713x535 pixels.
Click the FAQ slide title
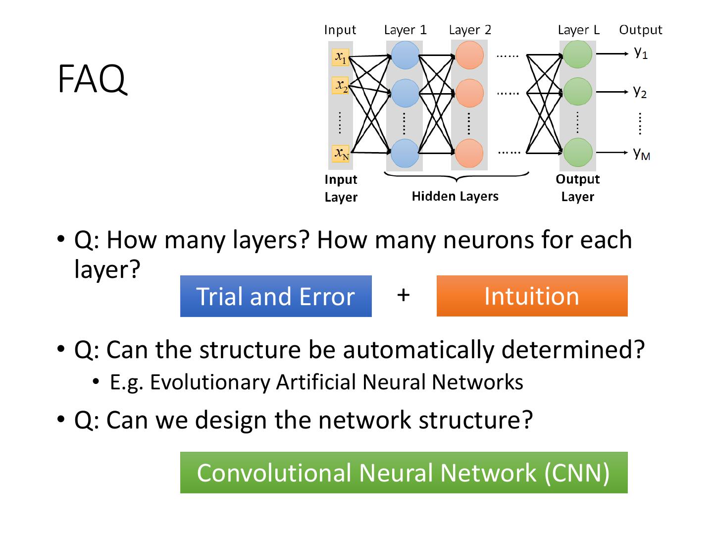click(92, 79)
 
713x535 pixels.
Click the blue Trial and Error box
click(276, 296)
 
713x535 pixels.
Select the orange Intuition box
click(532, 296)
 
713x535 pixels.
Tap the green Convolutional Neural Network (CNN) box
click(404, 473)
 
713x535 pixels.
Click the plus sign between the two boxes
click(404, 295)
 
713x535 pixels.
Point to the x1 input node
click(341, 57)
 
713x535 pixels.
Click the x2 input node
click(341, 86)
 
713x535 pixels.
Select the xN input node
click(341, 153)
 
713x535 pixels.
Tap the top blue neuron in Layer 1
click(405, 54)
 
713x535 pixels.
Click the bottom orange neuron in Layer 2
click(468, 153)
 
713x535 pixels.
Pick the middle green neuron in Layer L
click(578, 92)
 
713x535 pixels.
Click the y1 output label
click(641, 52)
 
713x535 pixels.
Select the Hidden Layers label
click(455, 196)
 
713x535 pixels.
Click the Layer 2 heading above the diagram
click(470, 30)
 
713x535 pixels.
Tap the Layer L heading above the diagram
click(578, 30)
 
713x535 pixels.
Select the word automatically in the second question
click(418, 350)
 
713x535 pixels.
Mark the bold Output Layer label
click(577, 188)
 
